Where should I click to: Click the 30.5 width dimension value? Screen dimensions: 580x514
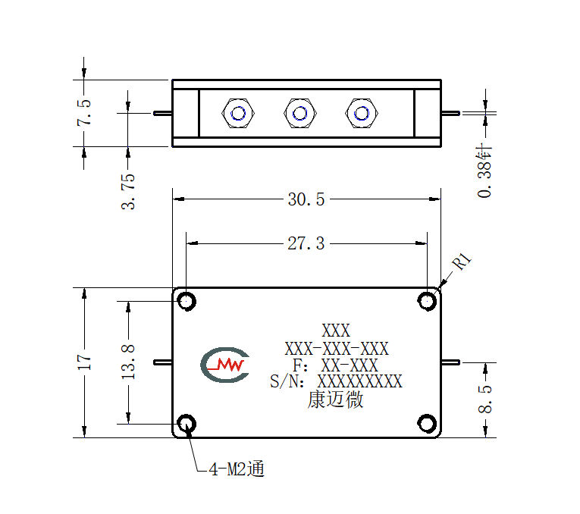(x=306, y=199)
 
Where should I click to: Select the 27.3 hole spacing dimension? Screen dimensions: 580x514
(x=306, y=243)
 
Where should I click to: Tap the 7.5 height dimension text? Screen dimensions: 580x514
(x=84, y=112)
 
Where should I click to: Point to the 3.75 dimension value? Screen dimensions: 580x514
(x=128, y=192)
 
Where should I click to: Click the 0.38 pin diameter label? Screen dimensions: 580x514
(x=485, y=171)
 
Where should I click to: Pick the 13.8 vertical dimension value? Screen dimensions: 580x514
(x=128, y=362)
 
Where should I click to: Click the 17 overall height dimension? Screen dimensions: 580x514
(x=84, y=362)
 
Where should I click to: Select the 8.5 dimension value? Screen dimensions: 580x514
(x=485, y=399)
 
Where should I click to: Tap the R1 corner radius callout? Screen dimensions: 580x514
(x=462, y=261)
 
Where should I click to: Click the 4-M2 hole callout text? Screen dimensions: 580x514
(x=237, y=469)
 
